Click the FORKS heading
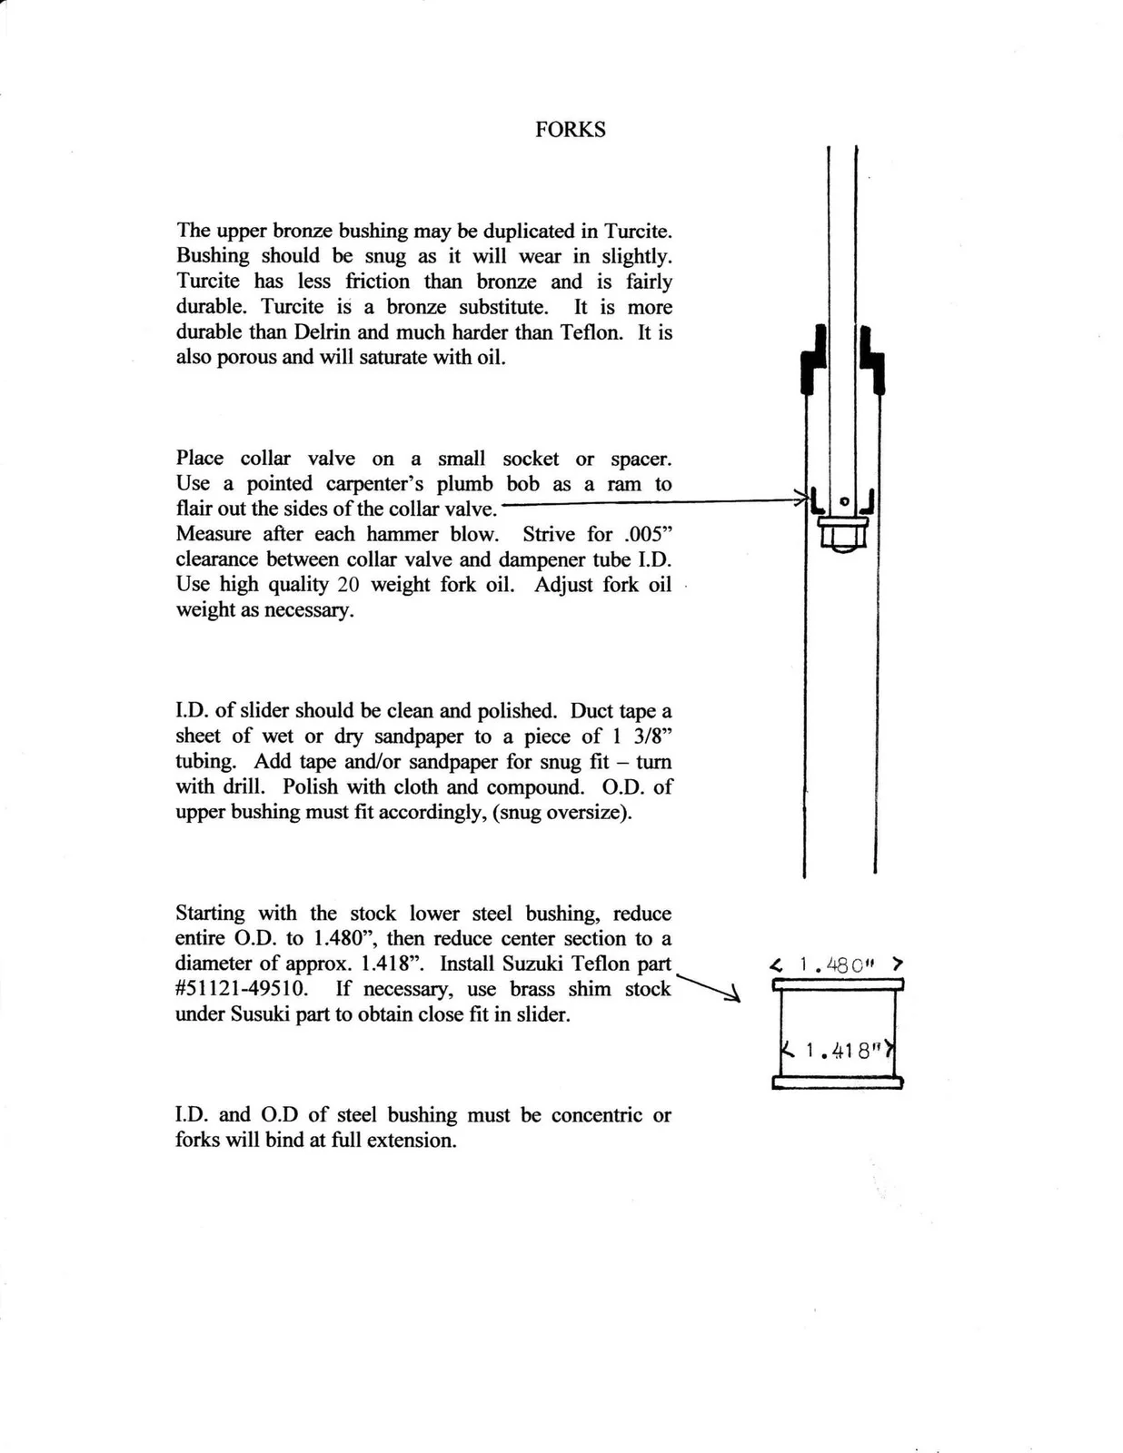570,130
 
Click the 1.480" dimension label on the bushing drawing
837,965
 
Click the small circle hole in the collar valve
844,500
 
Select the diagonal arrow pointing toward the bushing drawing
709,987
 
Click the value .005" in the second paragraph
646,535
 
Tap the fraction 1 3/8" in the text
640,736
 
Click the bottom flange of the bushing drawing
837,1082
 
